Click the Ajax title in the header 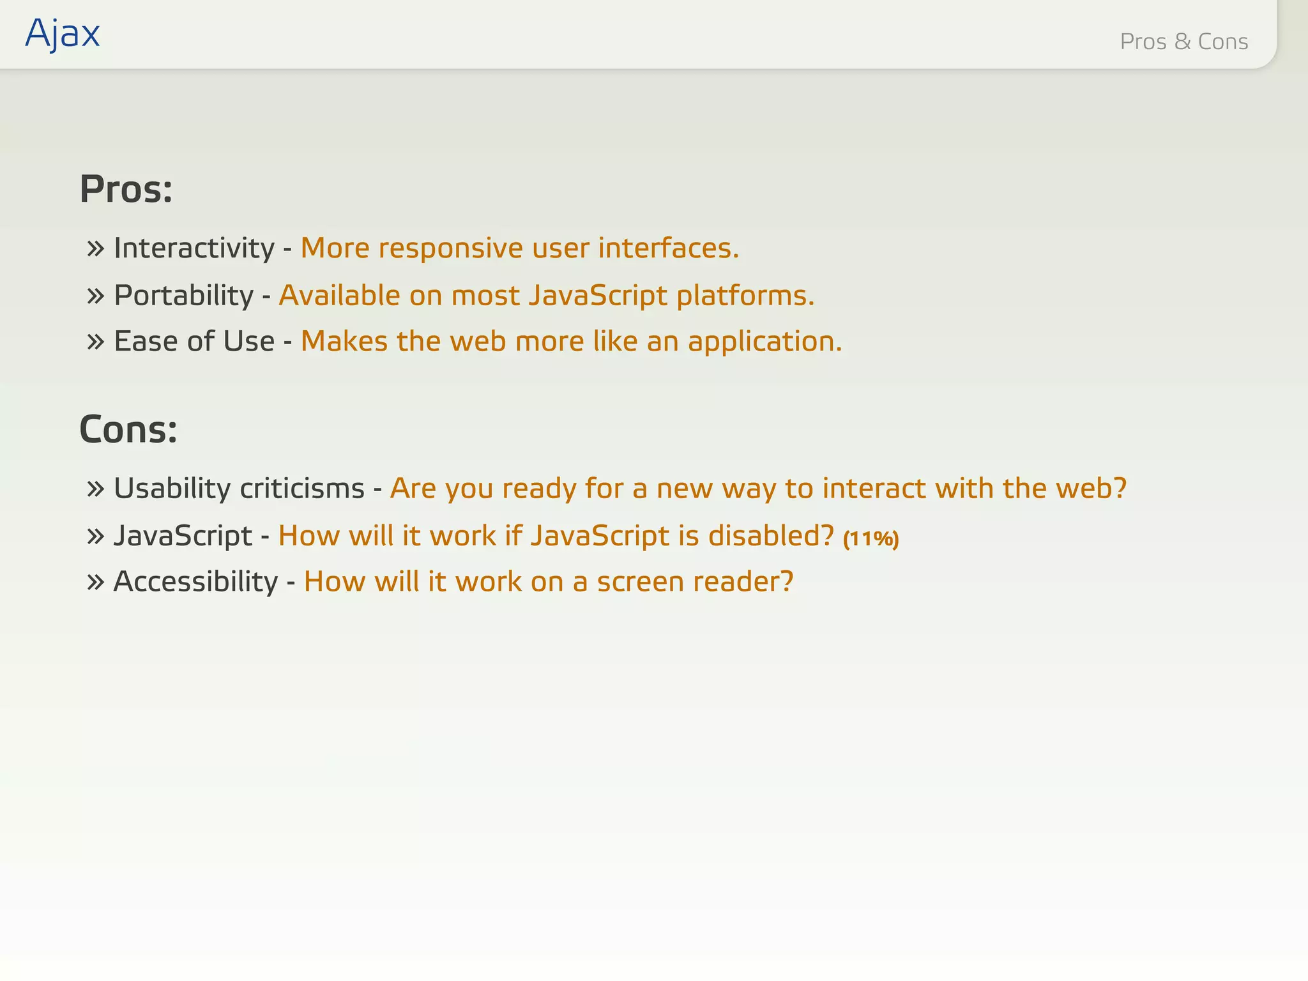(x=63, y=33)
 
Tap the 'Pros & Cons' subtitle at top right (x=1183, y=42)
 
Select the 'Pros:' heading (x=126, y=190)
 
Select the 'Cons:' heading (x=128, y=429)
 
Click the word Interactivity (x=194, y=248)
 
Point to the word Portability (x=184, y=295)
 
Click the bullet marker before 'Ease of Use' (x=96, y=342)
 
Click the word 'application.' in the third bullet (x=765, y=342)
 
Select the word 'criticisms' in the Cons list (x=302, y=489)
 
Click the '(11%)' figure (x=871, y=538)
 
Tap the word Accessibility (x=195, y=582)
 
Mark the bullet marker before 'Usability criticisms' (x=96, y=489)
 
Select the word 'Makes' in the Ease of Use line (x=344, y=341)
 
